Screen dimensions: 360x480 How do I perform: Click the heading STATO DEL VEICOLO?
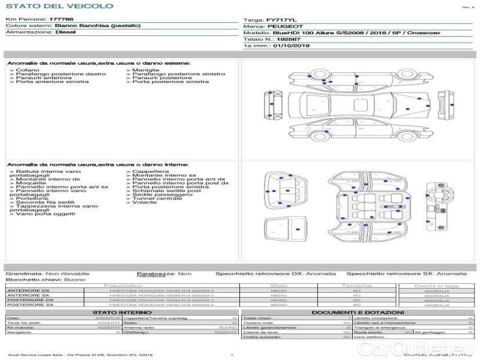click(x=42, y=6)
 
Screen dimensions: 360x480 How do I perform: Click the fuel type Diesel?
click(x=65, y=32)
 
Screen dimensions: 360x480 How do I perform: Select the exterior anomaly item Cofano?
click(x=27, y=70)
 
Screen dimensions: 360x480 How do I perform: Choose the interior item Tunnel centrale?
click(x=157, y=198)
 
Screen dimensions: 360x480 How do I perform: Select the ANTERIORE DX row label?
click(x=28, y=291)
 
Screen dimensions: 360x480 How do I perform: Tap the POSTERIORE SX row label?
click(x=30, y=305)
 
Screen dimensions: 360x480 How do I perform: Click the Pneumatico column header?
click(x=123, y=286)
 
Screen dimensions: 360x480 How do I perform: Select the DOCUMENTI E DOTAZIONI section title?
click(x=358, y=313)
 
